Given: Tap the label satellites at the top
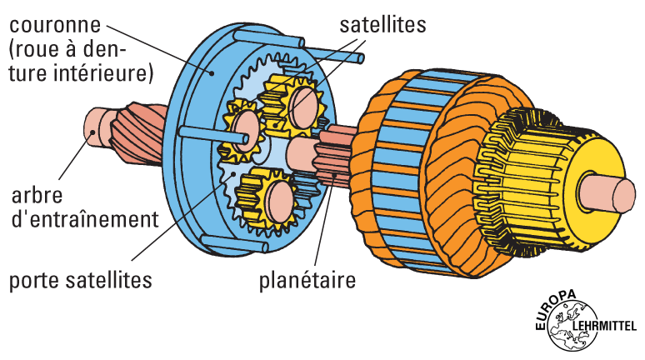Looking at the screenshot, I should point(382,24).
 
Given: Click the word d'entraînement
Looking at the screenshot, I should point(85,220).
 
